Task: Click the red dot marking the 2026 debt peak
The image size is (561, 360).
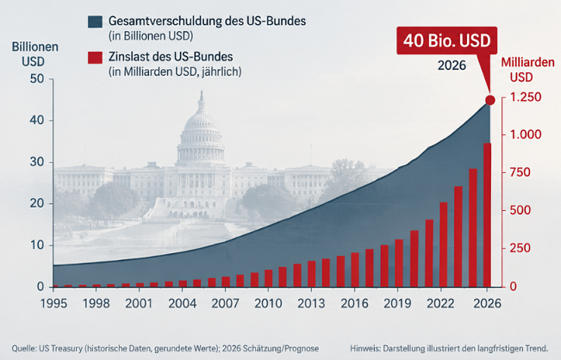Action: (489, 100)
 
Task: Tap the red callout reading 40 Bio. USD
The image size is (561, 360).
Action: (447, 40)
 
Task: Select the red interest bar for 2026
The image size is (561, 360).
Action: (487, 214)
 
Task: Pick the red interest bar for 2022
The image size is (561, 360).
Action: (444, 245)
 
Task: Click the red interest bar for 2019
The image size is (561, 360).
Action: (399, 264)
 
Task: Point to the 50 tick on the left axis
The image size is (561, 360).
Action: (37, 78)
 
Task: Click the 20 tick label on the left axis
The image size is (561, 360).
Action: (37, 203)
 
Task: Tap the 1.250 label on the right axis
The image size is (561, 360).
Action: (525, 97)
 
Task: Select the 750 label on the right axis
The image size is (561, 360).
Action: (520, 172)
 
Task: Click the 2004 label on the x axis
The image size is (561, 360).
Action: (183, 303)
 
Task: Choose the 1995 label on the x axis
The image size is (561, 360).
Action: (53, 303)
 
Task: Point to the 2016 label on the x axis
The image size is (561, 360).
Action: (354, 303)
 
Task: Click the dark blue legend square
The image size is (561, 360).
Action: (95, 22)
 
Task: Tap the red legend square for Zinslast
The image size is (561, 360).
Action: (95, 58)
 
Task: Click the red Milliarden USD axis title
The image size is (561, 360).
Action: (527, 70)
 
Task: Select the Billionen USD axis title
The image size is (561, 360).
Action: (34, 54)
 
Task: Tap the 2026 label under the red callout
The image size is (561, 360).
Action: (452, 65)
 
